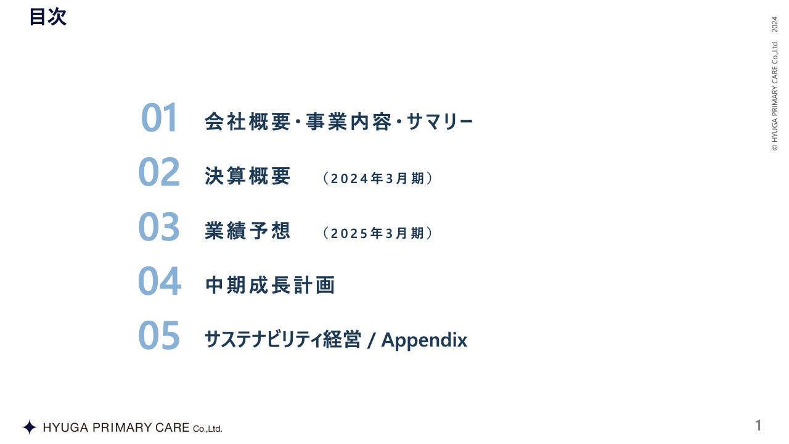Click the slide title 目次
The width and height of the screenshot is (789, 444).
(x=47, y=17)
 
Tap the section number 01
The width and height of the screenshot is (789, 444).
(x=159, y=118)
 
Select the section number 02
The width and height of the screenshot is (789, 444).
(x=159, y=173)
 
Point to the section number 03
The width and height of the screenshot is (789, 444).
(x=159, y=227)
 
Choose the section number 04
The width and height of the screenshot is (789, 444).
(x=159, y=281)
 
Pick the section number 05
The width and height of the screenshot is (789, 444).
(x=159, y=335)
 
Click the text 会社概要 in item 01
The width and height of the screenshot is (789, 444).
(x=247, y=121)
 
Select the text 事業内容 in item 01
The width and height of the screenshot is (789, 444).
(x=348, y=121)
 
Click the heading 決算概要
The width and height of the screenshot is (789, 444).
(x=247, y=176)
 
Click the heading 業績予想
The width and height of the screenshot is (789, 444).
(x=247, y=231)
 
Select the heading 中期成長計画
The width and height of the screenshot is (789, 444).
(x=269, y=285)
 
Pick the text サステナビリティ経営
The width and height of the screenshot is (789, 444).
(x=282, y=340)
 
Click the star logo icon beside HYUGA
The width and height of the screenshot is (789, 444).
(x=29, y=427)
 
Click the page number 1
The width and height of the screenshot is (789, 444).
(x=759, y=425)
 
